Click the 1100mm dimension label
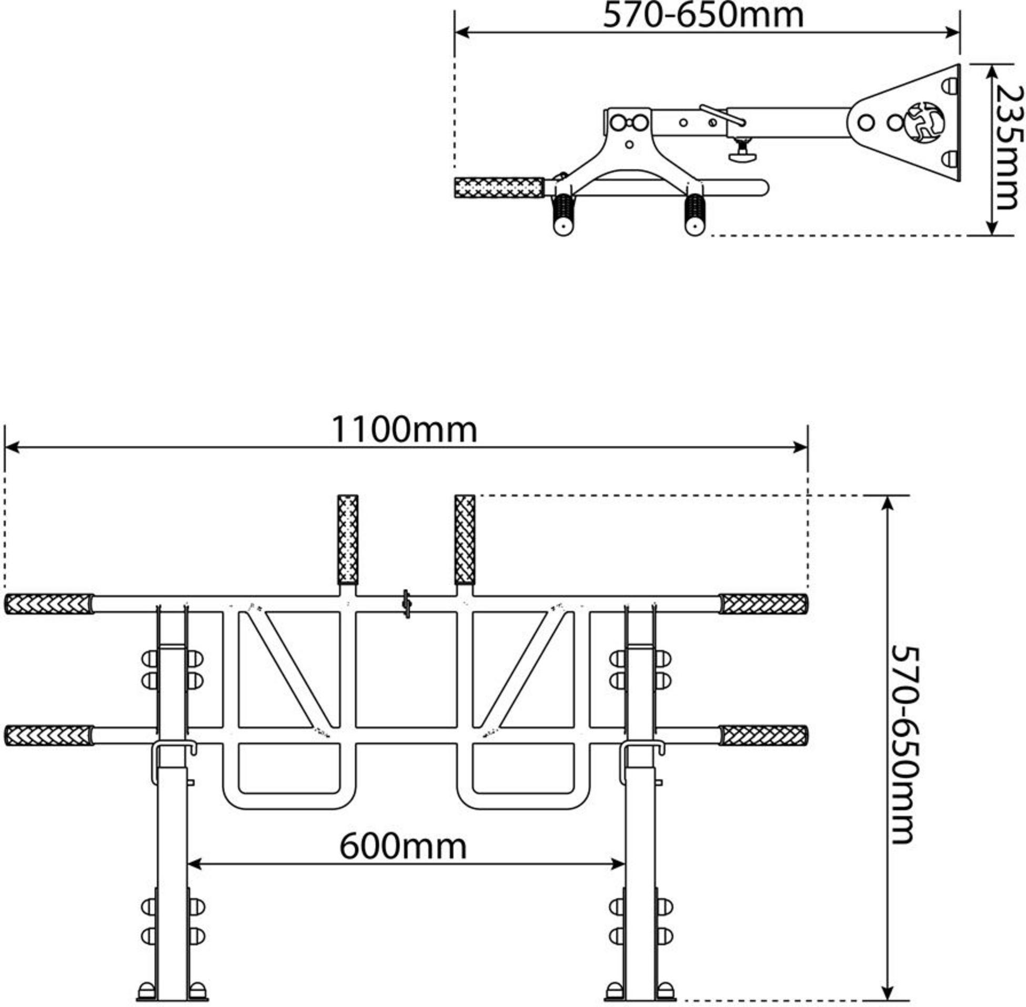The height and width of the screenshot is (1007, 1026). [404, 430]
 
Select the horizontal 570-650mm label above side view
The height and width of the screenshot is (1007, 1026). [703, 16]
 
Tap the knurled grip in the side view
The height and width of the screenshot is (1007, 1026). [499, 188]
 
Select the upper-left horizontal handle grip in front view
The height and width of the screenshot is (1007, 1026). [49, 604]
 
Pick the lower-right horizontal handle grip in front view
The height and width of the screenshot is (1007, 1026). [763, 736]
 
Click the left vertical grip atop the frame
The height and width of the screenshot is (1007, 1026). [348, 539]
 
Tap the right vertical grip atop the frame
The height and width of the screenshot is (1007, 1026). [465, 539]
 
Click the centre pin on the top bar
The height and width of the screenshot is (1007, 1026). [406, 604]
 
